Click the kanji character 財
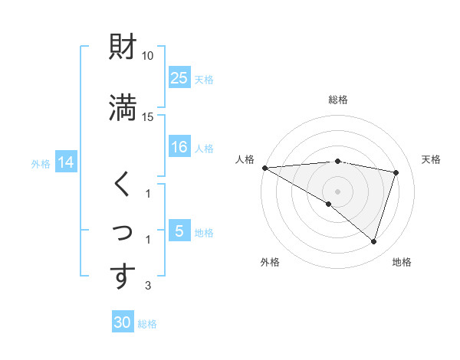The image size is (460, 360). point(123,48)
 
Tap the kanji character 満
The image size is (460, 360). point(123,107)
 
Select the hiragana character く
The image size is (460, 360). point(123,184)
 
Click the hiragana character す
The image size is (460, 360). point(123,277)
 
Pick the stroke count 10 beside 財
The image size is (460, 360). point(148,56)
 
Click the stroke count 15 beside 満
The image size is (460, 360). point(148,116)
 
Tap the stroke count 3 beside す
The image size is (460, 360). point(148,286)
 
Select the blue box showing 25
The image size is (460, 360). point(179,77)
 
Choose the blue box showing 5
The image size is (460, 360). point(179,231)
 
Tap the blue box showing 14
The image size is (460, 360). point(66,162)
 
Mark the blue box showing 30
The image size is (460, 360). point(123,322)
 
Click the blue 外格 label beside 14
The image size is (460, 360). point(41,163)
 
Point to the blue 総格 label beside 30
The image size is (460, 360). point(147,324)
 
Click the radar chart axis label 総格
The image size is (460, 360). point(338,100)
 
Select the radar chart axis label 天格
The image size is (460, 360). point(431,159)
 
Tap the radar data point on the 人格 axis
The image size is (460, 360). point(264,168)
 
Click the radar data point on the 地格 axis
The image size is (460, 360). point(373,241)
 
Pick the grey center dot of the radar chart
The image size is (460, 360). point(338,191)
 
